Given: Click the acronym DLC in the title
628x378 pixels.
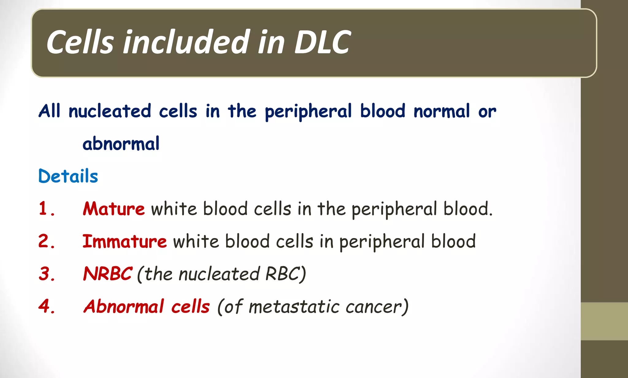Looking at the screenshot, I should (x=322, y=42).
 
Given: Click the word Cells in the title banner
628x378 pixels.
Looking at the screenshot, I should (x=80, y=42).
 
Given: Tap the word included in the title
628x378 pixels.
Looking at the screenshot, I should (x=186, y=42).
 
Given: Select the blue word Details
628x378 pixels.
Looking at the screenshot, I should (x=68, y=176).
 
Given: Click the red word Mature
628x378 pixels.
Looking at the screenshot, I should (x=114, y=209).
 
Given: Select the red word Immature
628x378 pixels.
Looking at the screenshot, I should (x=124, y=241).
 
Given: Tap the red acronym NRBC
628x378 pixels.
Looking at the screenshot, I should (x=108, y=274).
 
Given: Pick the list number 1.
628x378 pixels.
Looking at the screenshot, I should (x=46, y=209).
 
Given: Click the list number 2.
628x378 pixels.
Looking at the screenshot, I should (x=47, y=241).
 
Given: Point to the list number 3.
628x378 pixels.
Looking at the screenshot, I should (x=47, y=274).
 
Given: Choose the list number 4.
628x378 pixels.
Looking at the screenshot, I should (x=47, y=306).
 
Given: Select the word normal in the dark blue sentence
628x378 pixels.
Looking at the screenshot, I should (x=442, y=111).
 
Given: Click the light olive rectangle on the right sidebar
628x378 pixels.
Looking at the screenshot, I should (x=604, y=321).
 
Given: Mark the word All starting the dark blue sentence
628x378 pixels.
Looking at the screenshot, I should (x=49, y=111).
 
